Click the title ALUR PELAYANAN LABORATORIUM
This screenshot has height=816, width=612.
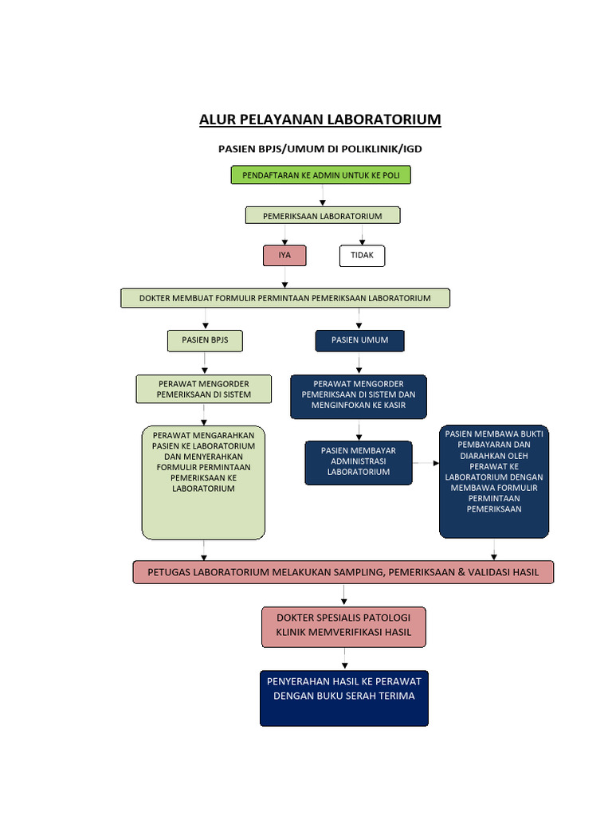tap(320, 120)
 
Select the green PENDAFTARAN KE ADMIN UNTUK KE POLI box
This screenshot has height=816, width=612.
tap(321, 175)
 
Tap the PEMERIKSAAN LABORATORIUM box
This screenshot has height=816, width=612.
tap(322, 216)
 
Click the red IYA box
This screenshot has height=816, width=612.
tap(284, 256)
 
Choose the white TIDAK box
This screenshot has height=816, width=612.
tap(362, 256)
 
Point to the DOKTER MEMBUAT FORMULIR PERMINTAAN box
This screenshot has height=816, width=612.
tap(285, 298)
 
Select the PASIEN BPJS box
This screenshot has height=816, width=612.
tap(205, 340)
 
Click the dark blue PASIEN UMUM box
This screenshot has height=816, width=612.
tap(359, 340)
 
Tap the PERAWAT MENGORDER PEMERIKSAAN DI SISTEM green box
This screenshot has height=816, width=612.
tap(203, 389)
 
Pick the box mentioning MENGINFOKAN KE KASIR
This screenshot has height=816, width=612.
tap(359, 396)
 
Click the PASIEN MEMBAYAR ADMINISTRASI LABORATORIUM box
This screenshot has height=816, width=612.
tap(359, 462)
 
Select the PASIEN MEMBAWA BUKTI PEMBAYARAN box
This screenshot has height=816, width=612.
tap(494, 481)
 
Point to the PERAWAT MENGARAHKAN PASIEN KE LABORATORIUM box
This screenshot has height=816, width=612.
tap(203, 482)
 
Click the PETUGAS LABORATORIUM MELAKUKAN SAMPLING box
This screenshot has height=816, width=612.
tap(343, 572)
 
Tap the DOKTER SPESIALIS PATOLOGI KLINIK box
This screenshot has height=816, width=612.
tap(343, 626)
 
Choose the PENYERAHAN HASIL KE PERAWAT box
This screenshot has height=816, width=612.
tap(343, 697)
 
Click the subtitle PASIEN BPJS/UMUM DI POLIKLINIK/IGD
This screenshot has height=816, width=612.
tap(320, 149)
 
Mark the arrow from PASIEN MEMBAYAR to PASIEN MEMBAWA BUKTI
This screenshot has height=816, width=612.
tap(426, 462)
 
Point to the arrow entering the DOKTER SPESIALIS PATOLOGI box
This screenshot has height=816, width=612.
tap(343, 595)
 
